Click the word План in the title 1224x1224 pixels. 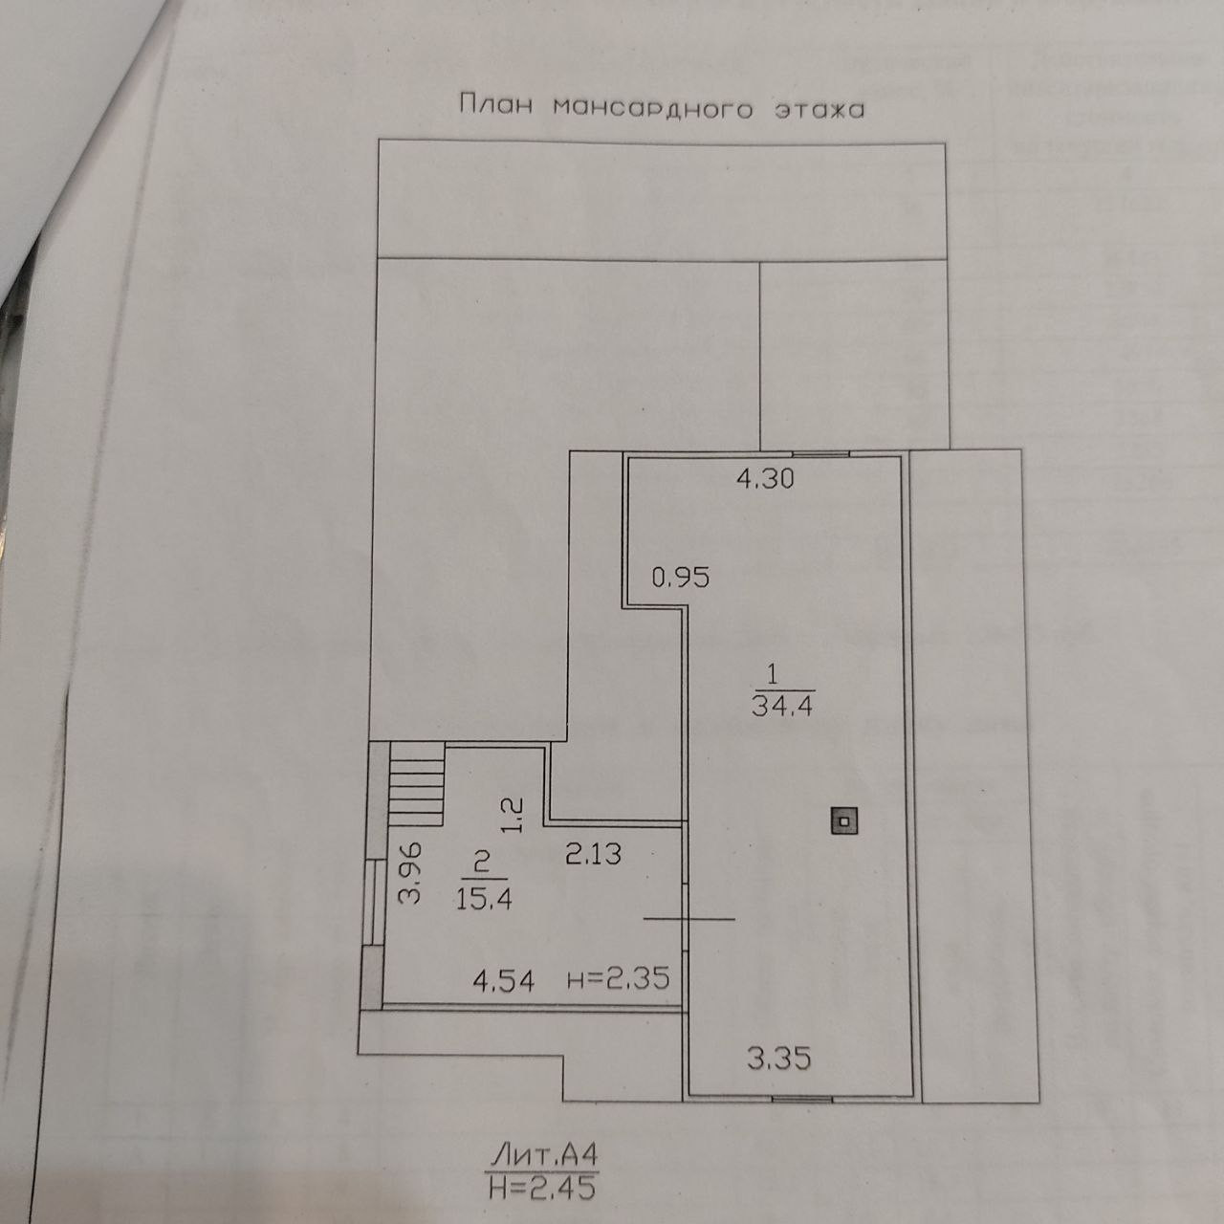click(x=495, y=105)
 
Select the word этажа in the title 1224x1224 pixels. click(x=819, y=109)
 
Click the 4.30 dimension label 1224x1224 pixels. click(x=764, y=478)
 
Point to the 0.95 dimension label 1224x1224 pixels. click(x=680, y=578)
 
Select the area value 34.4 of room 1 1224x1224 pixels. click(x=782, y=708)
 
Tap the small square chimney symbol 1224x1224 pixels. click(x=842, y=820)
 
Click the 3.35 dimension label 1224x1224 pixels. click(x=779, y=1059)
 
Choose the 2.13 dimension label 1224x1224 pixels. click(x=592, y=854)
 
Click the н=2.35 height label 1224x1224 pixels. click(x=617, y=979)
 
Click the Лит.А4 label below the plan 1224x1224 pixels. click(x=544, y=1153)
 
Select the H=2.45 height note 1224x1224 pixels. click(x=542, y=1188)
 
